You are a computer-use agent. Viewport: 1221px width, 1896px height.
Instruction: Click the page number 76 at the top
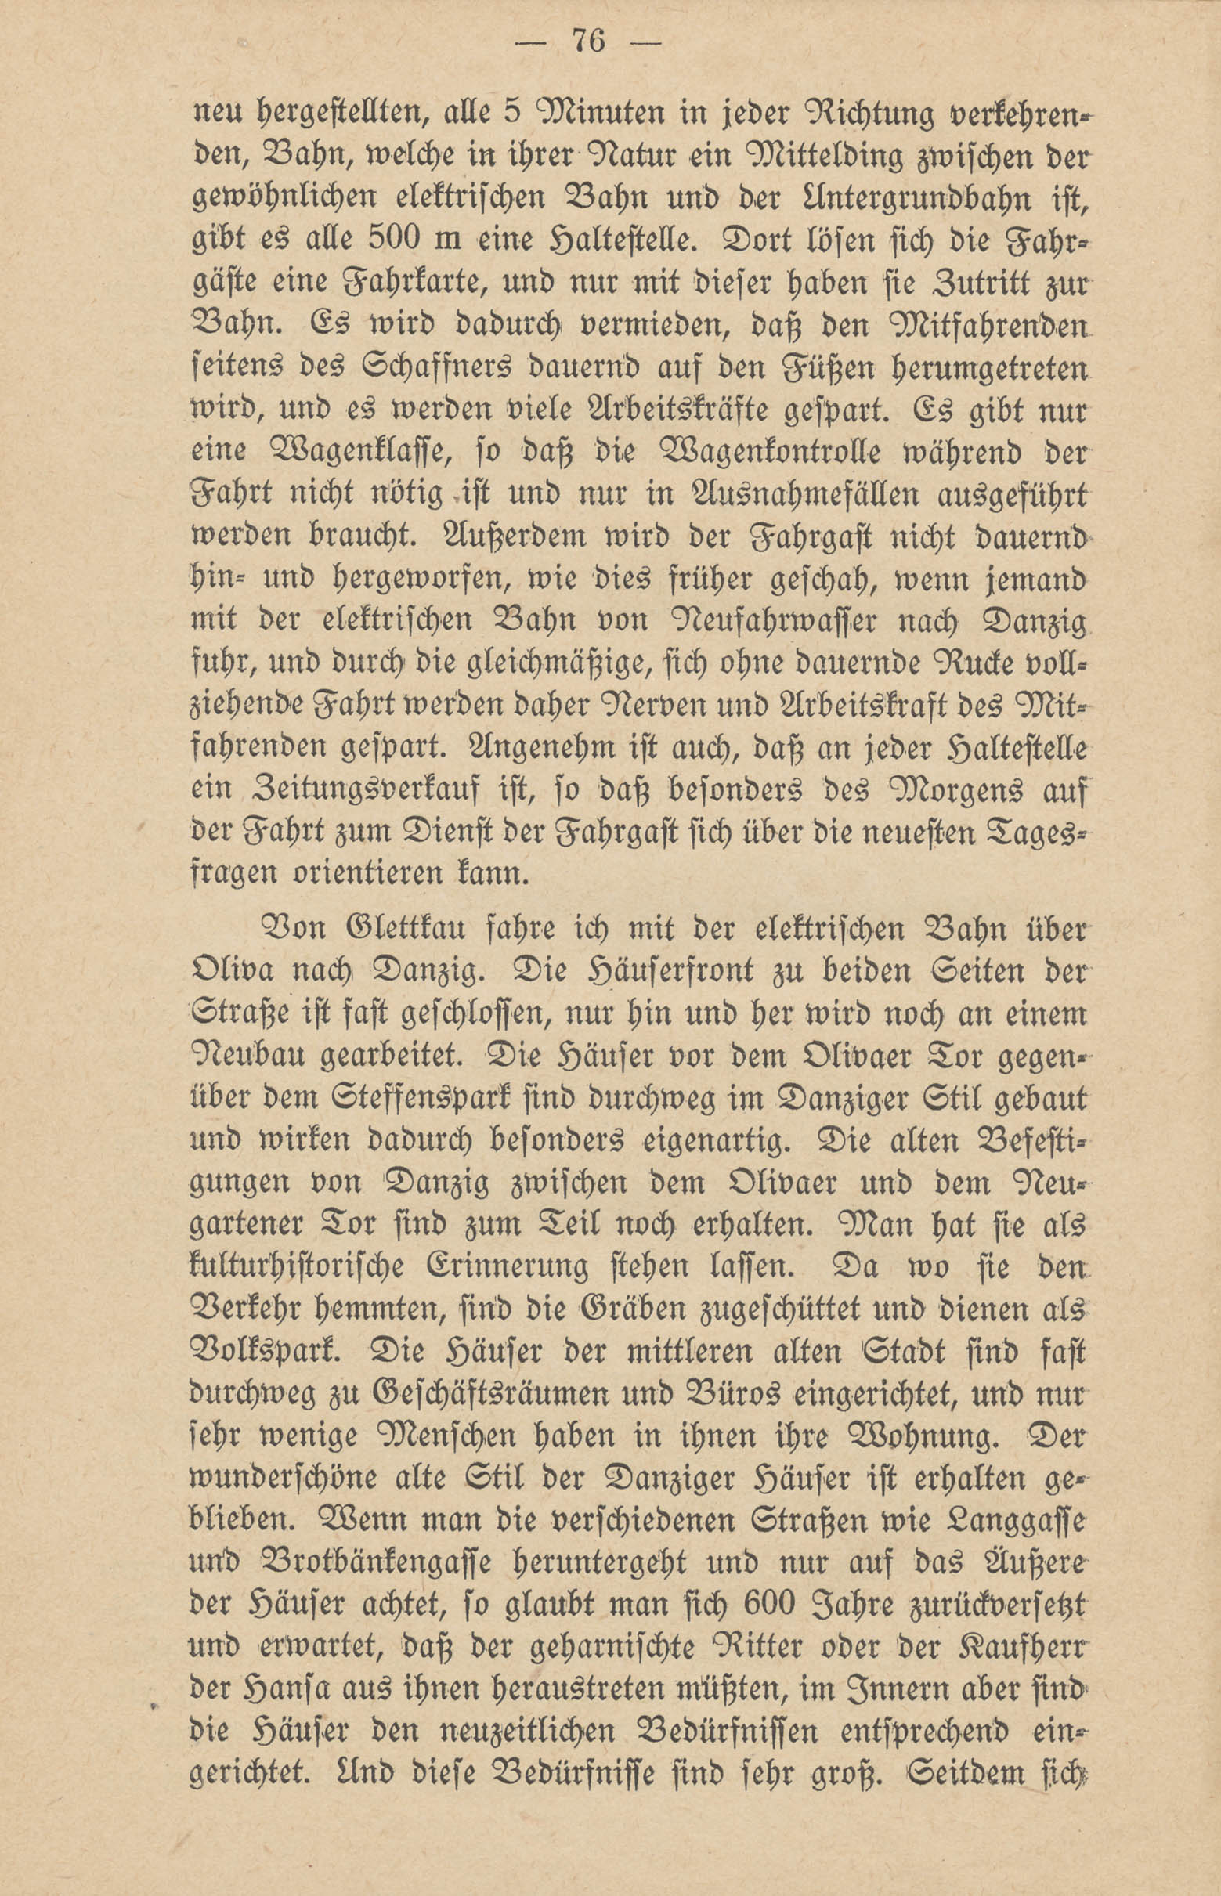point(587,42)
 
